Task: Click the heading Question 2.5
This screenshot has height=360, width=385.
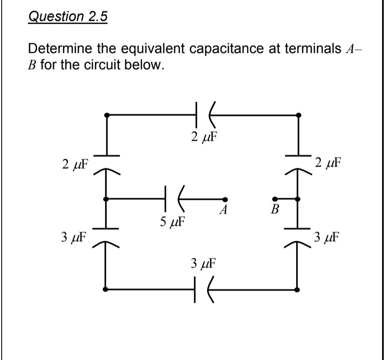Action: [67, 17]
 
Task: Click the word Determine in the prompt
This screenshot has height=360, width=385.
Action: [60, 49]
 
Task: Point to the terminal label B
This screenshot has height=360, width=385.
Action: [274, 209]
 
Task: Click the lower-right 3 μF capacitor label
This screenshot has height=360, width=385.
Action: [327, 238]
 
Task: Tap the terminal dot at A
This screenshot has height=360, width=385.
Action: [225, 199]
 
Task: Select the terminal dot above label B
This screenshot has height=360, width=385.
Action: [274, 199]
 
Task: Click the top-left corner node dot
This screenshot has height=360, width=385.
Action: [107, 114]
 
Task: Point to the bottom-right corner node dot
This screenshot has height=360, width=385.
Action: [297, 289]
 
